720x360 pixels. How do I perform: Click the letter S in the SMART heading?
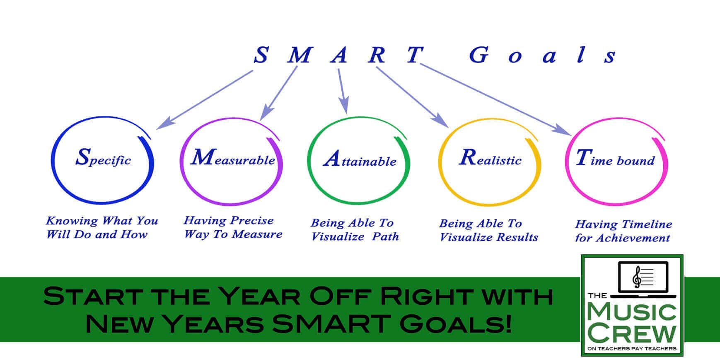[x=261, y=55]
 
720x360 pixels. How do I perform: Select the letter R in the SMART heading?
[x=377, y=55]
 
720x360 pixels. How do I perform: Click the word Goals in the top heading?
[x=543, y=55]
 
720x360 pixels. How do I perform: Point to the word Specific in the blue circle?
[x=103, y=157]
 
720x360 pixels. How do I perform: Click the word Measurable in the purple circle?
[x=233, y=157]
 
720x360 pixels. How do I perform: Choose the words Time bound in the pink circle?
[x=616, y=158]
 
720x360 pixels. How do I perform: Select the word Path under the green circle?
[x=385, y=237]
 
